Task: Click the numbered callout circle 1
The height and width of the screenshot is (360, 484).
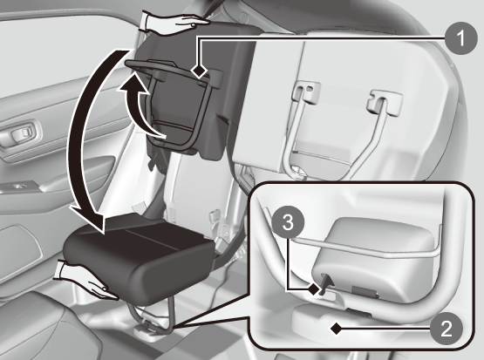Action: point(461,38)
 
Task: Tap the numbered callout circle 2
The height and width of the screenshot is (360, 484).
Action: point(447,329)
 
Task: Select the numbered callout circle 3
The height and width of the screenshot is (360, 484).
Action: point(288,223)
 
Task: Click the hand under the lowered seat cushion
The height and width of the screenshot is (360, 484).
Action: point(86,281)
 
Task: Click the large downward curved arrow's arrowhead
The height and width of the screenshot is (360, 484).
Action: point(88,219)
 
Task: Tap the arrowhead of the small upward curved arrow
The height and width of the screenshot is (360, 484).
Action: point(133,84)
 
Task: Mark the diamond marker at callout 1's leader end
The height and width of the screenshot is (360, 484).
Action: point(199,71)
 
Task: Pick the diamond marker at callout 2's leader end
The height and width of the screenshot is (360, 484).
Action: point(337,329)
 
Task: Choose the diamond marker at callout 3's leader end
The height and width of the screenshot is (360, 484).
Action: point(314,289)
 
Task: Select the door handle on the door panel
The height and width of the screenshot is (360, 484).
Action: point(22,133)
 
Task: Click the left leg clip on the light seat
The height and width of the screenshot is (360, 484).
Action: point(306,91)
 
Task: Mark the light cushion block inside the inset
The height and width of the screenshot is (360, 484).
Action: point(373,258)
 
